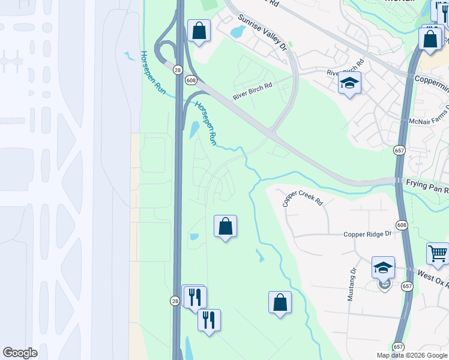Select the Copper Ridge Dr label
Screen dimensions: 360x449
coord(367,234)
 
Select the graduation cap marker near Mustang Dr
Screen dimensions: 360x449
coord(383,268)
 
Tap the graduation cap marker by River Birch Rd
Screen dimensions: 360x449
coord(349,83)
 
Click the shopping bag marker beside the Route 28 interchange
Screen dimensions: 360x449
coord(199,31)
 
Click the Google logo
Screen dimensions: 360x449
coord(20,353)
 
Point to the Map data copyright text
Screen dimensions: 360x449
coord(411,355)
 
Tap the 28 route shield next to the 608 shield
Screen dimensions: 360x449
coord(178,70)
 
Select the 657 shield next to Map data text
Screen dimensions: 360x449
coord(399,347)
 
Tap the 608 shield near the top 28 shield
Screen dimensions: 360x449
coord(191,80)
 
